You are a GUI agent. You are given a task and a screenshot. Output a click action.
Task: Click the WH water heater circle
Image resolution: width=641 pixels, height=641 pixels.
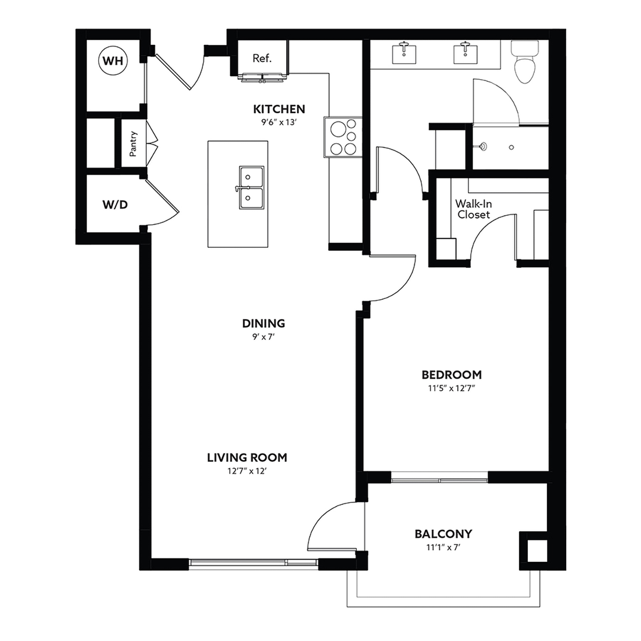point(113,61)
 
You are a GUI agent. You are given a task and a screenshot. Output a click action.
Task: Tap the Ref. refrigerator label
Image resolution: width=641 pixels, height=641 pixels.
point(262,58)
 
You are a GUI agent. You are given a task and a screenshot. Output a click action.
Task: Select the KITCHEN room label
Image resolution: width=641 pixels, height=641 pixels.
point(279,109)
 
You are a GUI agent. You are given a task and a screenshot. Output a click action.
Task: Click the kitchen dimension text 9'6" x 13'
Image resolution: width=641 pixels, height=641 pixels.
point(279,122)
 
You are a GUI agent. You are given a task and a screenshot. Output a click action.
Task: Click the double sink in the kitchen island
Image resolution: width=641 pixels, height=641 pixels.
point(251,188)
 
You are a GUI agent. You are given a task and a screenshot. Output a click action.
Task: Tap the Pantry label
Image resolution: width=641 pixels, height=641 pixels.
point(133,144)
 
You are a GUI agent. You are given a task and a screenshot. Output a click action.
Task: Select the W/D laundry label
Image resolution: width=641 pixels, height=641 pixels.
point(115,205)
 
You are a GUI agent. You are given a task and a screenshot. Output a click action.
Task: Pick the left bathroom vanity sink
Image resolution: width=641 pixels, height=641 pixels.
point(404,52)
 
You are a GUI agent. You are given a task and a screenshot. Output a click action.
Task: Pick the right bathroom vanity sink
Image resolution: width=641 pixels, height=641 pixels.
point(465,52)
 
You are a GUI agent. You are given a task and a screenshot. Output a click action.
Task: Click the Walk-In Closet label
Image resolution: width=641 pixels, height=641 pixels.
point(473,209)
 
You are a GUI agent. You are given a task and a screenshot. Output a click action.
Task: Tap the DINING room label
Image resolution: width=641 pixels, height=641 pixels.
point(264,323)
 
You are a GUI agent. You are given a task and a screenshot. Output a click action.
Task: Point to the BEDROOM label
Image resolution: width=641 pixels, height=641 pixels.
point(452,375)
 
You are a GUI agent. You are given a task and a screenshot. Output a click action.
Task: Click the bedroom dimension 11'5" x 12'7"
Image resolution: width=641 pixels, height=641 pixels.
point(452,388)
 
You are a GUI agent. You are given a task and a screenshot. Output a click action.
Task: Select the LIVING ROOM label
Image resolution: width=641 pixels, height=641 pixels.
point(247,458)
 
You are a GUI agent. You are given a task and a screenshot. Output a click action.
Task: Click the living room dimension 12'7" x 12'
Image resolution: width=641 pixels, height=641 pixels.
point(247,471)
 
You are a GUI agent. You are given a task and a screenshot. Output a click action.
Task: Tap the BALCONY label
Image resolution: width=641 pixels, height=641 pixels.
point(443,534)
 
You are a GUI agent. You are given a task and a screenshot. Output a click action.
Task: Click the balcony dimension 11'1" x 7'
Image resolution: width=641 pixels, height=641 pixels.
point(443,547)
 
